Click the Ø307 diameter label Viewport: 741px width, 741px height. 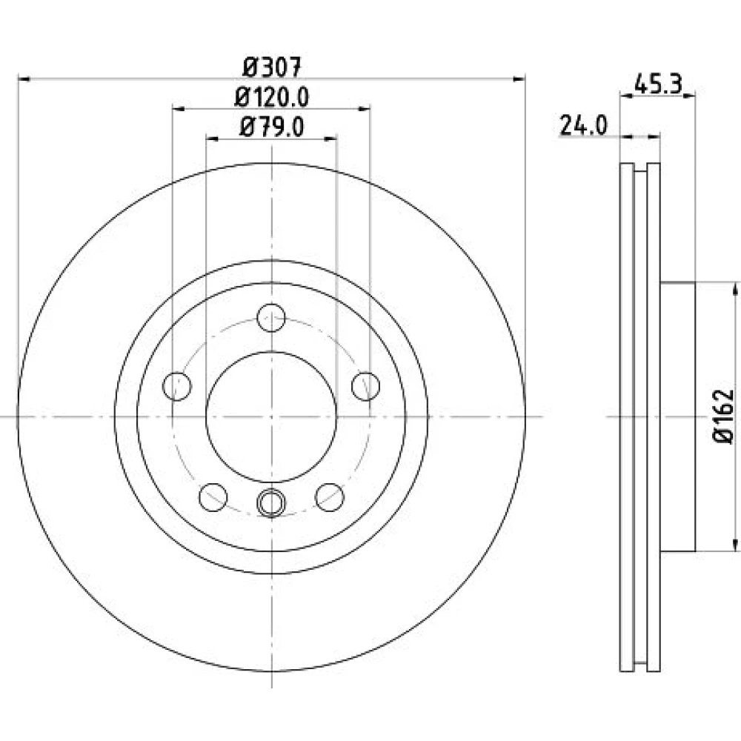point(272,67)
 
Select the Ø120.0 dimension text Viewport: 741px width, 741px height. point(272,97)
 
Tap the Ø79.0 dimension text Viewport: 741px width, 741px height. point(272,127)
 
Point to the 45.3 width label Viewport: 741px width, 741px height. point(658,84)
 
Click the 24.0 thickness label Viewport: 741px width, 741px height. point(583,126)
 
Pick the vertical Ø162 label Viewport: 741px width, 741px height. point(723,416)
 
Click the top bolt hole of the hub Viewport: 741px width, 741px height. point(271,318)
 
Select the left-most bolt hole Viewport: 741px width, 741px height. point(177,386)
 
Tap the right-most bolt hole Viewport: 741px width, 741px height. point(366,386)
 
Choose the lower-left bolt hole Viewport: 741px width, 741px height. point(213,497)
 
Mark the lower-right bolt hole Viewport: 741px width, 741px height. point(330,497)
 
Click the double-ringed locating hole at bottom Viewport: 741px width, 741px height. point(271,502)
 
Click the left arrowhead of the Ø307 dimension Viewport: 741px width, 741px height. point(24,79)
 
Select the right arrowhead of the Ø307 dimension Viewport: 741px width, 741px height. point(519,79)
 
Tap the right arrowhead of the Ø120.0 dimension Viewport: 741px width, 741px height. point(364,109)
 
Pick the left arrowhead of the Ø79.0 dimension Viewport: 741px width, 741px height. point(212,139)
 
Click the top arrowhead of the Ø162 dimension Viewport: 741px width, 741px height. point(735,289)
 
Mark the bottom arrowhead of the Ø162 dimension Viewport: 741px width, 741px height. point(735,545)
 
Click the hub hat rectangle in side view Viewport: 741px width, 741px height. point(678,416)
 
